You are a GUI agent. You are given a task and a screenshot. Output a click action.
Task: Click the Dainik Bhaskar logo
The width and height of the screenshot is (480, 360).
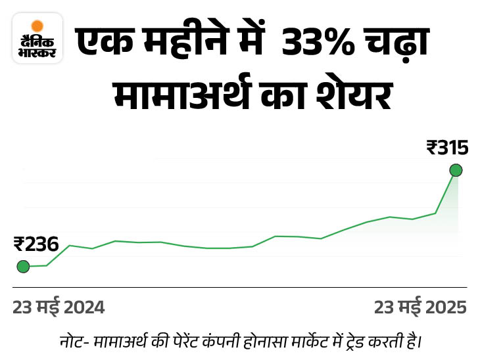[x=37, y=39]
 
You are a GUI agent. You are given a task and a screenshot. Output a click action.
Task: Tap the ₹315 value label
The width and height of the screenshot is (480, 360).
[x=447, y=148]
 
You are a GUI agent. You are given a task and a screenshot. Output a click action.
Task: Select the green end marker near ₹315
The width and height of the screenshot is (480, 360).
[x=456, y=171]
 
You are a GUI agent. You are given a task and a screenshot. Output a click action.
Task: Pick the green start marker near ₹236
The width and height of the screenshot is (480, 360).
[x=23, y=266]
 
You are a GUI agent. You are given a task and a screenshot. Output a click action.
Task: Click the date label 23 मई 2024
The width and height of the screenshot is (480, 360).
[x=59, y=307]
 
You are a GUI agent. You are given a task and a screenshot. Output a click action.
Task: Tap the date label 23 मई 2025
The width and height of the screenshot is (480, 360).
[x=420, y=307]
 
